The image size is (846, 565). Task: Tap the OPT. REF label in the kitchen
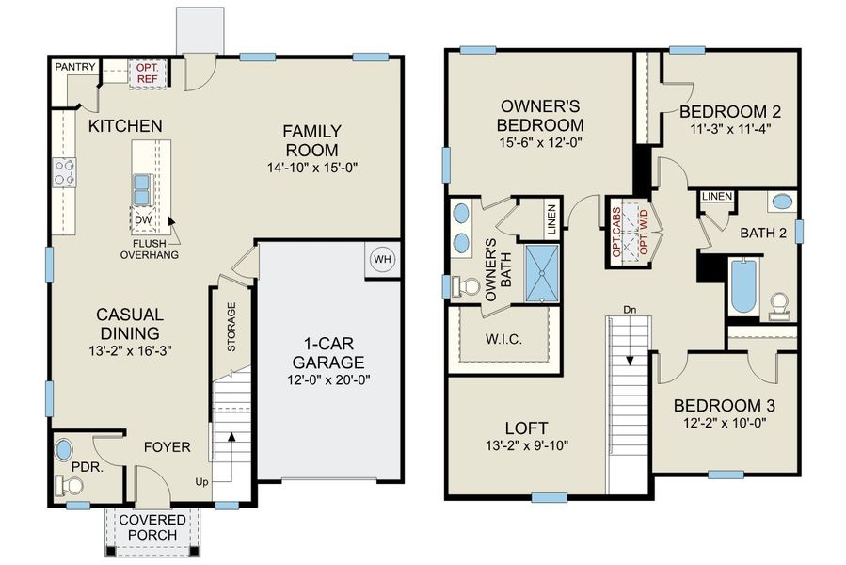tap(148, 73)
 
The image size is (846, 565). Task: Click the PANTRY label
tap(73, 67)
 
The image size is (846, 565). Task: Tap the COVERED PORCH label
tap(147, 527)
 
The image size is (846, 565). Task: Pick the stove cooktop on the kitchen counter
tap(65, 172)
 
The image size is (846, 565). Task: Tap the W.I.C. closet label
tap(504, 338)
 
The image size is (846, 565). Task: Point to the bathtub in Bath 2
tap(742, 287)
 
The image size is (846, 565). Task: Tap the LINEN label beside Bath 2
tap(717, 195)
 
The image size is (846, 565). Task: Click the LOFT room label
tap(523, 426)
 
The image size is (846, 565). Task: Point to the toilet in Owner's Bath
tap(464, 285)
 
